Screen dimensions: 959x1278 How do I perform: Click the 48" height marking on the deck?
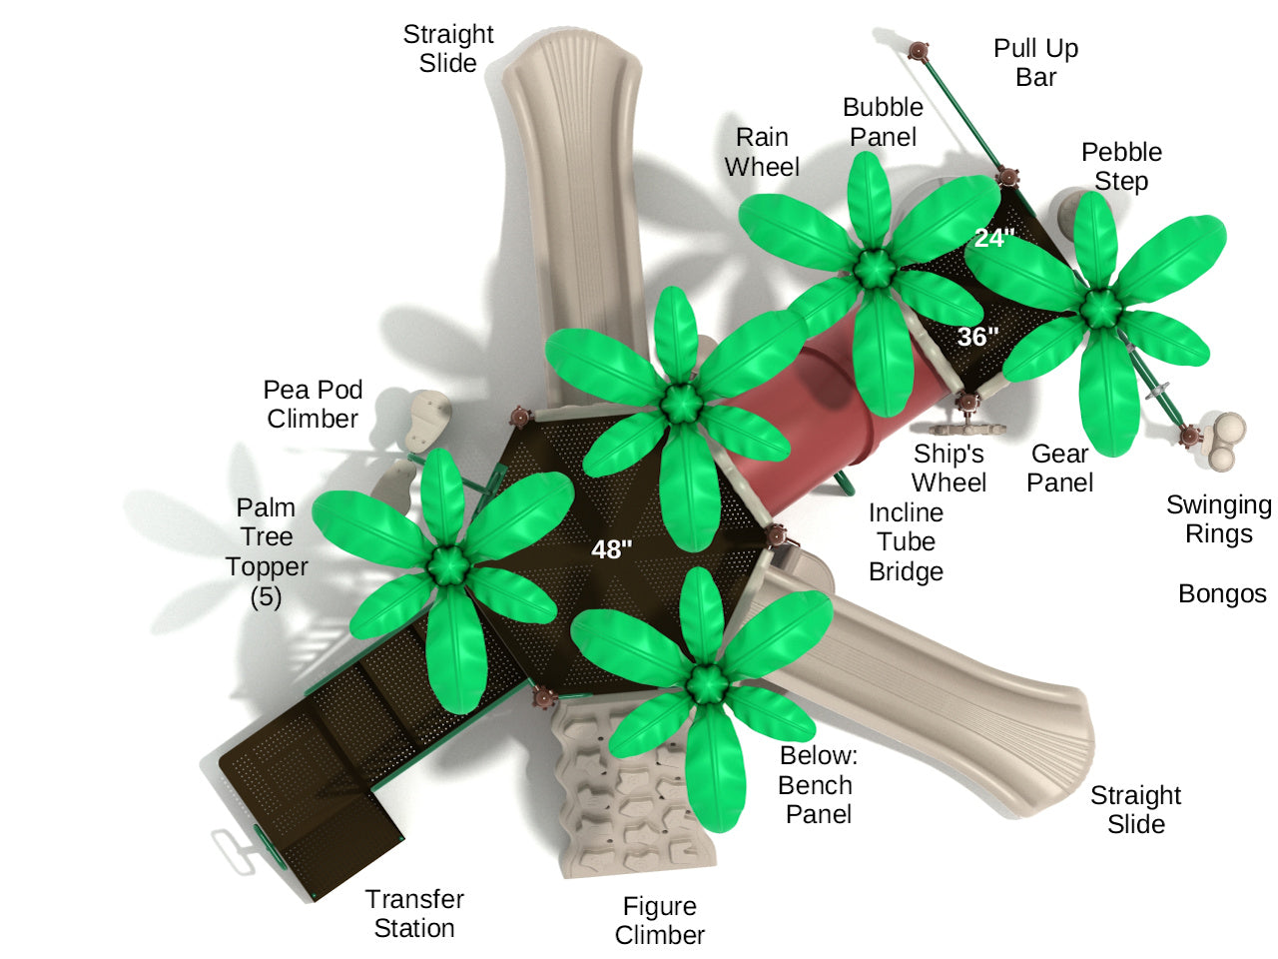611,549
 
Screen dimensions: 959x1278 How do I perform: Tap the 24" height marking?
994,238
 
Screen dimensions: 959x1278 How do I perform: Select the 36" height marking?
977,337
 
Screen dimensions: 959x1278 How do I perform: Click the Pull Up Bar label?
1035,63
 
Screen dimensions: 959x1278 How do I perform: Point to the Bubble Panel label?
883,122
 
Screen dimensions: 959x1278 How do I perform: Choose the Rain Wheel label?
762,152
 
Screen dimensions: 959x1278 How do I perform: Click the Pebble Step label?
1121,167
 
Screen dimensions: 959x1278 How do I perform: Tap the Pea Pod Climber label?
313,405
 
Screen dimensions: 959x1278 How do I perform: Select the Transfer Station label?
414,914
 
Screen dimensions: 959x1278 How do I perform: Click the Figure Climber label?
659,921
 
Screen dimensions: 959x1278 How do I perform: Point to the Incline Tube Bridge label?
906,542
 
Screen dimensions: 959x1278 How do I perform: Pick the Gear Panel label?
1059,469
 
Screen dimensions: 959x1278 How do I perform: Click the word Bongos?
1222,594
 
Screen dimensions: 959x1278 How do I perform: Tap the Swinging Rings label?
1218,519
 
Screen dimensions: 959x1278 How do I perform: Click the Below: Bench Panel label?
818,785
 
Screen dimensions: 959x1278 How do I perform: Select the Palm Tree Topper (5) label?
266,552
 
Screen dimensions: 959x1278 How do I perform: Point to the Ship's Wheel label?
949,469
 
